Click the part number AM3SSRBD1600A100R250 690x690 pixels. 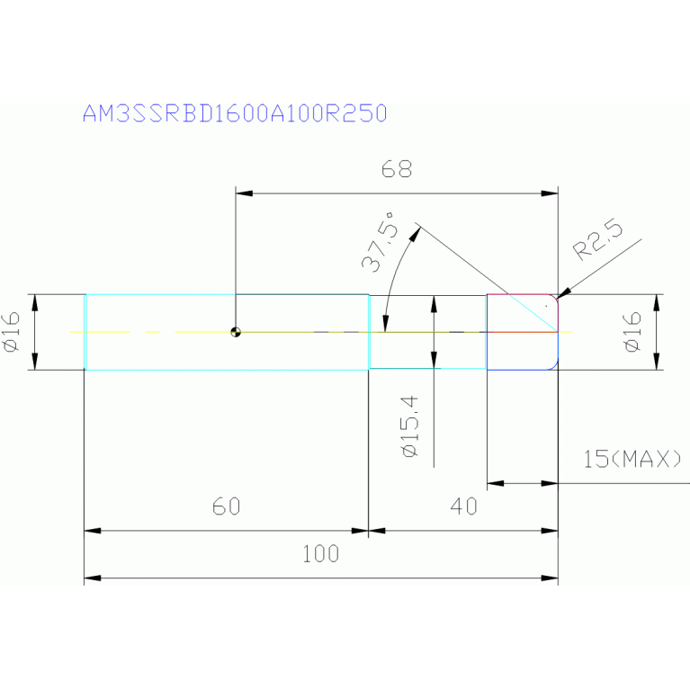235,113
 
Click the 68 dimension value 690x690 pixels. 397,169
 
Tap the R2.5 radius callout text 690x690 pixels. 598,239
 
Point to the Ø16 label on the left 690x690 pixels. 12,332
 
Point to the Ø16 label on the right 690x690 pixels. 632,332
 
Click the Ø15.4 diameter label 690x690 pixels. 410,426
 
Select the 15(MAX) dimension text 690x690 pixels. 632,459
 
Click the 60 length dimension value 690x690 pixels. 226,506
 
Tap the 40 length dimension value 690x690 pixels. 464,506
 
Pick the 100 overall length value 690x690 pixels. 321,553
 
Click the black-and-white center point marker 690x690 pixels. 236,332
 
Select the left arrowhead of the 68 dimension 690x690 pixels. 244,193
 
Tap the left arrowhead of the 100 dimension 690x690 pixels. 93,578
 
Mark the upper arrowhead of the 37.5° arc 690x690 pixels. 415,235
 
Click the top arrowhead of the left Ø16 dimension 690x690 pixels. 35,303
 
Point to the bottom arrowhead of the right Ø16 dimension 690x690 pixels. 657,362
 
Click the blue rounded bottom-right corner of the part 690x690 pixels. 554,365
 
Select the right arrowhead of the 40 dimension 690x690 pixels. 550,531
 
